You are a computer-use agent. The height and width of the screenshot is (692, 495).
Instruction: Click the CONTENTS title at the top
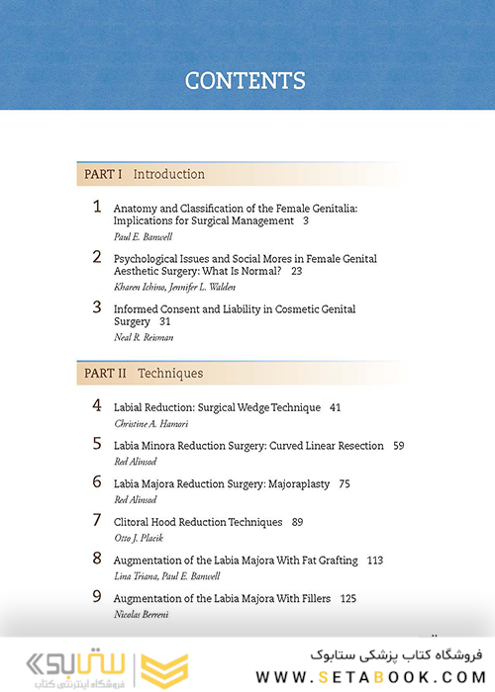(246, 81)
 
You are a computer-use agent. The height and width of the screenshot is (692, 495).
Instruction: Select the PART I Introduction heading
(145, 174)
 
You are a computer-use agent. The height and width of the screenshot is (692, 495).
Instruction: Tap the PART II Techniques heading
(144, 374)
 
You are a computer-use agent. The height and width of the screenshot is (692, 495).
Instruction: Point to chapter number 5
(97, 444)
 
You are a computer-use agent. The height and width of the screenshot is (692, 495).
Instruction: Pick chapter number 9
(97, 596)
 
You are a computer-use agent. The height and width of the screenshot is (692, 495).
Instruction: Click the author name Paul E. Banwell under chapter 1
(143, 237)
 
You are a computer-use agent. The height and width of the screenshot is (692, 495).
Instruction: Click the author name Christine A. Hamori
(151, 423)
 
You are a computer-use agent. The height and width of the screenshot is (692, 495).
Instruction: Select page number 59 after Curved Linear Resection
(398, 446)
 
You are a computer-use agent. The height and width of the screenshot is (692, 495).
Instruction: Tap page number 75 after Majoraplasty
(344, 483)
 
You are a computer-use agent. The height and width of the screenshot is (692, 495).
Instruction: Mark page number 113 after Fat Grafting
(374, 561)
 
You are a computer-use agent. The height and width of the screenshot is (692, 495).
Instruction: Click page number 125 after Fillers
(347, 598)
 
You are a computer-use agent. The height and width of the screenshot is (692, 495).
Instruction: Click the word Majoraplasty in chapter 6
(295, 483)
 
